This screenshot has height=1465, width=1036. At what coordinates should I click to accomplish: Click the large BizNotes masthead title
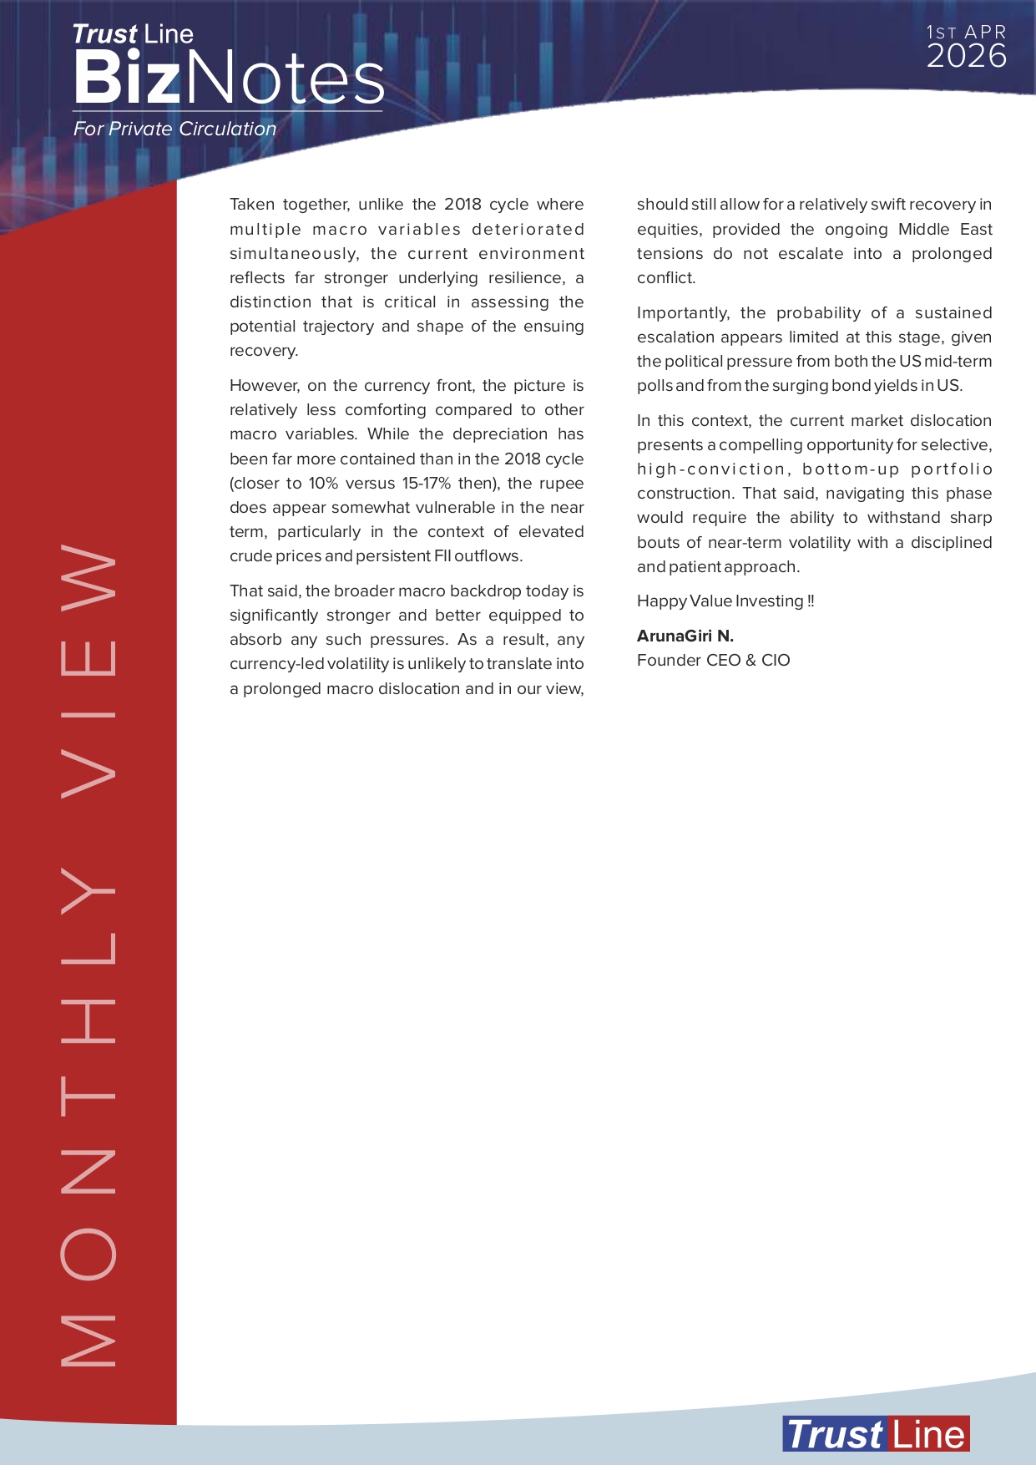click(x=228, y=78)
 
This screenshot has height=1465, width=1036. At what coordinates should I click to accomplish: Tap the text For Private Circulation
click(x=174, y=129)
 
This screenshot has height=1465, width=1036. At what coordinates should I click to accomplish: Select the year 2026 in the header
click(x=966, y=57)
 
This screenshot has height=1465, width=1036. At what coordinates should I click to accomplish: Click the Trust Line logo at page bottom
click(x=876, y=1434)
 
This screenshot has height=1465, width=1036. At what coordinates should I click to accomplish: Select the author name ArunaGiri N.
click(x=685, y=636)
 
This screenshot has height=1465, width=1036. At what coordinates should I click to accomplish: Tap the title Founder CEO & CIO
click(x=713, y=660)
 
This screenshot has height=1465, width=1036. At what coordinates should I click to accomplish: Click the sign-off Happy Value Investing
click(x=725, y=601)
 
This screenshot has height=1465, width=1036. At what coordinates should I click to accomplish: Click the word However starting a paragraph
click(x=264, y=385)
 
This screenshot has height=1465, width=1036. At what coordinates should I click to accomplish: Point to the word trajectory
click(x=337, y=326)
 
